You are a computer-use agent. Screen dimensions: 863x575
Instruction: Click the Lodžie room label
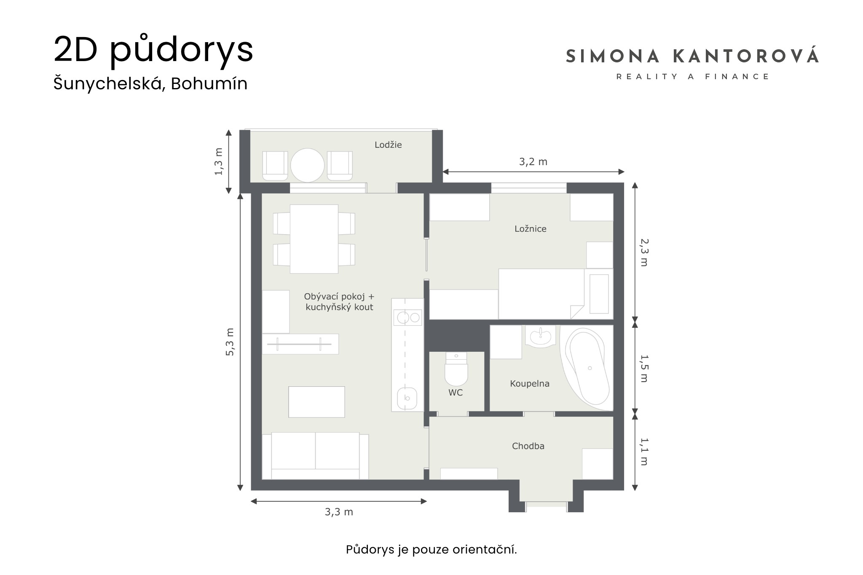388,145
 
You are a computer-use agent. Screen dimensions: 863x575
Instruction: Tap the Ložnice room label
530,229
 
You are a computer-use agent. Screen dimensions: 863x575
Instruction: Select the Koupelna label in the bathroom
530,384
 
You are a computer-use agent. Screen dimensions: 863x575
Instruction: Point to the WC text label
456,393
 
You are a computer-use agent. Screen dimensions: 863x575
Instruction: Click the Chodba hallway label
528,446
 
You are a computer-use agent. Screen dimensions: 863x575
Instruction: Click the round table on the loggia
308,165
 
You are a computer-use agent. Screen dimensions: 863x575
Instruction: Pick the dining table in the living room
314,239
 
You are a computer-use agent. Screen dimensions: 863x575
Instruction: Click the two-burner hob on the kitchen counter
408,317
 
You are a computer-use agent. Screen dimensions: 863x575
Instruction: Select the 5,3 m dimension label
230,342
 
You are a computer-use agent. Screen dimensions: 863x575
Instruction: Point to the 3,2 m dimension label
533,162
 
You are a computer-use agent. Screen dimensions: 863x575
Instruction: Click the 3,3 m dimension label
339,512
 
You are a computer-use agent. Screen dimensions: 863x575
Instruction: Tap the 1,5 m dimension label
644,368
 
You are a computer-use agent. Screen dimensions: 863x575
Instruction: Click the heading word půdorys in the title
182,50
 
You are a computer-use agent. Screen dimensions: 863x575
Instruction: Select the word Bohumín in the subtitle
209,84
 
